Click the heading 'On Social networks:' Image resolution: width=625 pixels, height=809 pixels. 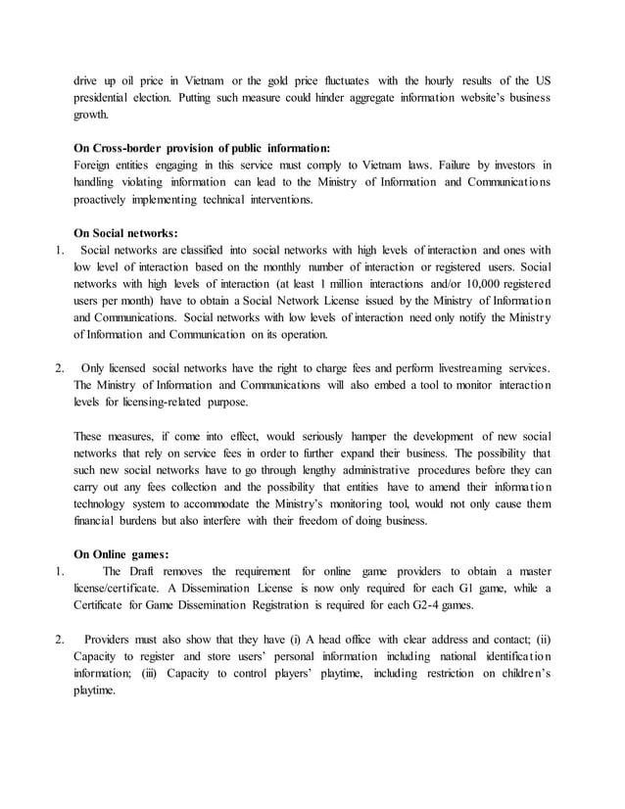pyautogui.click(x=125, y=233)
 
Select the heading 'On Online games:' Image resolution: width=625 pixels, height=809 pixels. pyautogui.click(x=121, y=554)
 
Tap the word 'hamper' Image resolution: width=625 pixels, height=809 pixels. pyautogui.click(x=352, y=436)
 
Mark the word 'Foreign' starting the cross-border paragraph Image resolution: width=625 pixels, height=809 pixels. pyautogui.click(x=94, y=165)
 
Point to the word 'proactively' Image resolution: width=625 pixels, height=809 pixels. pyautogui.click(x=107, y=199)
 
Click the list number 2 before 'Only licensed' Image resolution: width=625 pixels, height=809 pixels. pyautogui.click(x=60, y=368)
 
